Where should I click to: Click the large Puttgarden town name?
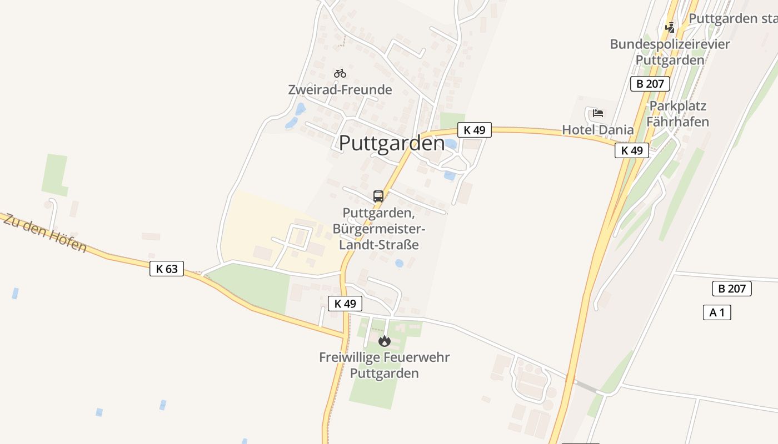392,143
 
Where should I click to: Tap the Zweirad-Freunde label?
340,89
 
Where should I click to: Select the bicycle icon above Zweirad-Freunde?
340,73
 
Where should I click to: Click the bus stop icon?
378,196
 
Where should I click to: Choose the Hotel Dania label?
598,130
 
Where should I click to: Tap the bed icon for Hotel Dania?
598,113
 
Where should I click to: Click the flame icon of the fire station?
384,341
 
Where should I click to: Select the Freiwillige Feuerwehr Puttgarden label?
384,365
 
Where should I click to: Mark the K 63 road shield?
167,269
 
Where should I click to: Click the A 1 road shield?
717,312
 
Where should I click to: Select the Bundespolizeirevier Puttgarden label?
670,52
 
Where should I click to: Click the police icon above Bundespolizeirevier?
670,27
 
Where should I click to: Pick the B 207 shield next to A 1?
732,289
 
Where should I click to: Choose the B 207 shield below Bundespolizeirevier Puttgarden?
650,84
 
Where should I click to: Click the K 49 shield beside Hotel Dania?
632,150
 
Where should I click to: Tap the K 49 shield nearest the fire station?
345,304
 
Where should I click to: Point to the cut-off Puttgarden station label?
732,18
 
